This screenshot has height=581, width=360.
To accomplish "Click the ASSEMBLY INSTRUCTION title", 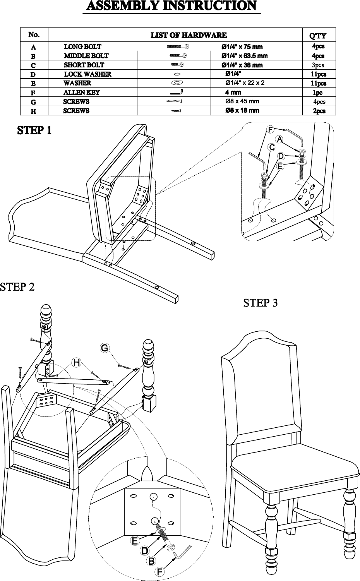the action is [x=171, y=6].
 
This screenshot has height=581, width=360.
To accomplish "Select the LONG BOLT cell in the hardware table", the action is [x=83, y=47].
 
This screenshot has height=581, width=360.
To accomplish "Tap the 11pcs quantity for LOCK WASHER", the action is [x=319, y=74].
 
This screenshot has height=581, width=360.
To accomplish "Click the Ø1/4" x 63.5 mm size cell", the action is [x=244, y=56].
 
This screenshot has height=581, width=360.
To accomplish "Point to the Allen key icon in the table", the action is [x=177, y=92].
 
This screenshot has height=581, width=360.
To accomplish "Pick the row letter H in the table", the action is [x=33, y=111].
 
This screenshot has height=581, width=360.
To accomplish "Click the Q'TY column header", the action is [x=318, y=36].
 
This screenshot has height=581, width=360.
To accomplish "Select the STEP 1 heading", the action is [x=34, y=130].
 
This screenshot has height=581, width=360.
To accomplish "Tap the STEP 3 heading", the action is [x=260, y=303].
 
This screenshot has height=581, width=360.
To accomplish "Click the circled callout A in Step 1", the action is [x=279, y=139].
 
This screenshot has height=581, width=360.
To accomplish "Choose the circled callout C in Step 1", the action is [x=272, y=147].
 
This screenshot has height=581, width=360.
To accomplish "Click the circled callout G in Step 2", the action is [x=105, y=348].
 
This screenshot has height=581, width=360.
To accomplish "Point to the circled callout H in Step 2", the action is [x=77, y=362].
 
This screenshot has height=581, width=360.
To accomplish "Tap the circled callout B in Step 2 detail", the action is [x=151, y=561].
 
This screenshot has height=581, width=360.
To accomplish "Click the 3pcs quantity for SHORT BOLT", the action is [x=318, y=65].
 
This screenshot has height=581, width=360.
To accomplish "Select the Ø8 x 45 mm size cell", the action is [x=242, y=101].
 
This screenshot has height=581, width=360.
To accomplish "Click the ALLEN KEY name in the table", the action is [x=82, y=93].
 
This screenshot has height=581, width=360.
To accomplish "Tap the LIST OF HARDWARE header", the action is [x=189, y=35].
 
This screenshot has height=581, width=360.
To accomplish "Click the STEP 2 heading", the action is [x=17, y=287].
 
